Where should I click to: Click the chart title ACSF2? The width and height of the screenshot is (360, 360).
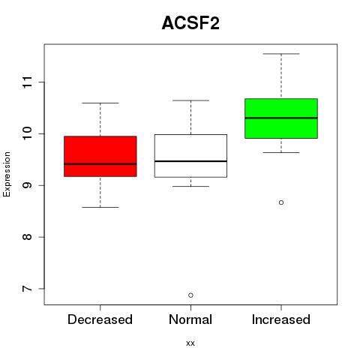[190, 23]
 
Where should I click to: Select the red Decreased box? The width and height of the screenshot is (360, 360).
[100, 156]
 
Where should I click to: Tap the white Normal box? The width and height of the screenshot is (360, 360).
[190, 156]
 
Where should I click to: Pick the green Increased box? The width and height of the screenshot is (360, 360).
[281, 118]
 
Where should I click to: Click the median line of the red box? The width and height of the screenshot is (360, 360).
[100, 164]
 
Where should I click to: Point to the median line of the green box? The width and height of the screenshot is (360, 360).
[281, 118]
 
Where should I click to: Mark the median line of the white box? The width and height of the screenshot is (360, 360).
[190, 161]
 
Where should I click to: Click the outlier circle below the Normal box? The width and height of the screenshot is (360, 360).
[190, 295]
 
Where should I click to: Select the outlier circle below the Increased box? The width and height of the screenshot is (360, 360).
[281, 202]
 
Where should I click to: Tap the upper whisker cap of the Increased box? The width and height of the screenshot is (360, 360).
[281, 54]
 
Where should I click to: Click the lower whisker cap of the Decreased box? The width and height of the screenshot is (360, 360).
[100, 207]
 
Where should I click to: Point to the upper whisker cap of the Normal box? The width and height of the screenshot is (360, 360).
[190, 100]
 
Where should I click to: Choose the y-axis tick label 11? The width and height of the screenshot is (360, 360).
[27, 82]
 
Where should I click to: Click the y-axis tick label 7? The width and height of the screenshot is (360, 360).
[27, 289]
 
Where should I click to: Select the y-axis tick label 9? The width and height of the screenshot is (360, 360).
[27, 185]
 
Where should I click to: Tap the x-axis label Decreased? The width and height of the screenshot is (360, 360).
[100, 319]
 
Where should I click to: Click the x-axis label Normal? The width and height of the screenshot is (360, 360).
[190, 319]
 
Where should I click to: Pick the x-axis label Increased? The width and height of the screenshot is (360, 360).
[281, 319]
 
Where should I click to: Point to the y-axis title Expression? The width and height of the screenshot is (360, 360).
[7, 174]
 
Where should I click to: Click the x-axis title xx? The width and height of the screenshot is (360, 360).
[190, 343]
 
